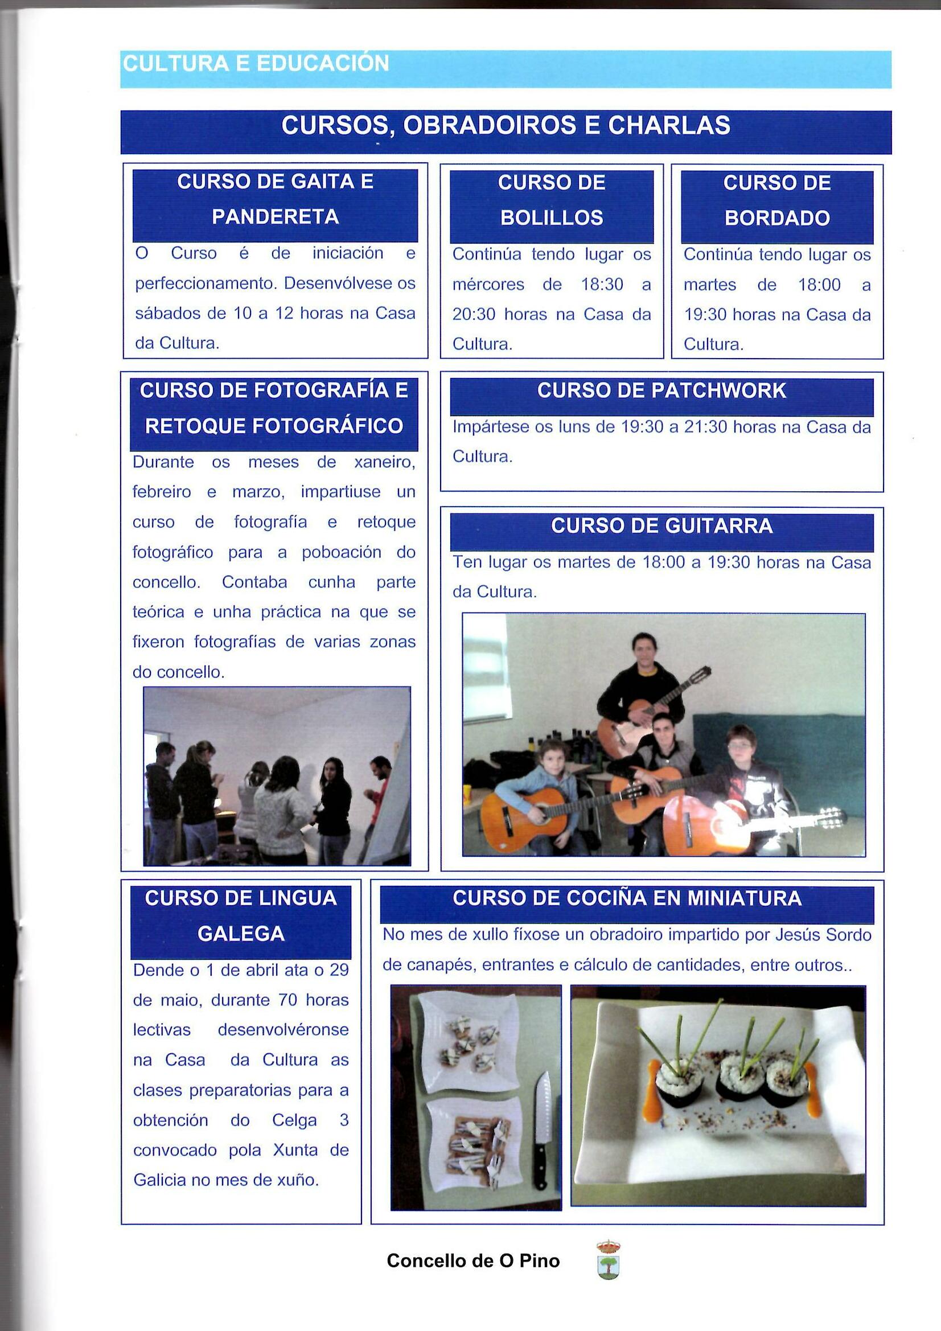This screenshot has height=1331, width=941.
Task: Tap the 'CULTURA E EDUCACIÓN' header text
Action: [256, 64]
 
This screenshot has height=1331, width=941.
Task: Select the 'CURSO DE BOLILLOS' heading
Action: [552, 200]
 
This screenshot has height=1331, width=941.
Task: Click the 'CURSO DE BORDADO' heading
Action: [777, 200]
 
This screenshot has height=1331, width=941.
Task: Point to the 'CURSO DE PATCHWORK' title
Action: [661, 391]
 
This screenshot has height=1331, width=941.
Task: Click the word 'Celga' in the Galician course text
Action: [294, 1120]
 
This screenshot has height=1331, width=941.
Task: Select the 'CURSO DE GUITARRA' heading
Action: [661, 526]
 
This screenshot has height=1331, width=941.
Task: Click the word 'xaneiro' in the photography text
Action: [384, 463]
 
